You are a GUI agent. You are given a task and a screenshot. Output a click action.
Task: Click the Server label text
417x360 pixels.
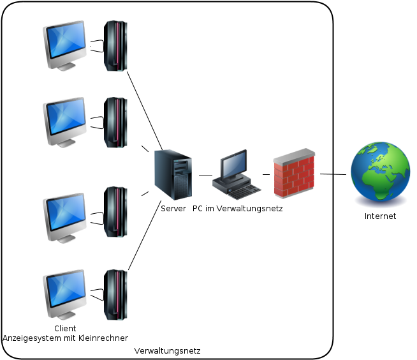coord(173,209)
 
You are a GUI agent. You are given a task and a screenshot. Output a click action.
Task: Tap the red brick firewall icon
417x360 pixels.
coord(294,173)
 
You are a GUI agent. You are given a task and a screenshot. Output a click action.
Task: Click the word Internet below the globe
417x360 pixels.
coord(380,216)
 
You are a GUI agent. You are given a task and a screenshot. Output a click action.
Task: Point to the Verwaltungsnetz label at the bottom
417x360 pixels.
coord(168,351)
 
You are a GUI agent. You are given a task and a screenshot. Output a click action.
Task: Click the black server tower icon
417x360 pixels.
coord(173,174)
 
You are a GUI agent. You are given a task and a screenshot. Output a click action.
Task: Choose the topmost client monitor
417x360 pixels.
coord(64,45)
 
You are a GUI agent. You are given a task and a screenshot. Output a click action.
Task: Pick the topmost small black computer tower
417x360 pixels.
coord(115,46)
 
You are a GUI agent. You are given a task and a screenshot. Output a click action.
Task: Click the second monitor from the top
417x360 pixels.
coord(64,121)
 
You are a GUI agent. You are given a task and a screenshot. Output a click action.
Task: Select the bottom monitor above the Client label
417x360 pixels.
coord(64,296)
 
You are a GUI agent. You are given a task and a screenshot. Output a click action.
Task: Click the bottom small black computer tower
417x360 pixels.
coord(115,294)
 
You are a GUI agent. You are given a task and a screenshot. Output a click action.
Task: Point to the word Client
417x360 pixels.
coord(65,328)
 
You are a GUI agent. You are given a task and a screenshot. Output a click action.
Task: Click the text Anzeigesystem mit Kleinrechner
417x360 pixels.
coord(65,338)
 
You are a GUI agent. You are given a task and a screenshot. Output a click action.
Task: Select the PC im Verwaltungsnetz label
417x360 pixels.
coord(237,209)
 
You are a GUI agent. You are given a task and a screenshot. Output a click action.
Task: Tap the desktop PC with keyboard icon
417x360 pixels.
coord(237,175)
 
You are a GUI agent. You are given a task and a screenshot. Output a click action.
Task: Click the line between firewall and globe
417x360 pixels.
coord(332,174)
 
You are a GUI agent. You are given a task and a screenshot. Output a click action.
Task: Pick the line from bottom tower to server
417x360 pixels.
coord(143,236)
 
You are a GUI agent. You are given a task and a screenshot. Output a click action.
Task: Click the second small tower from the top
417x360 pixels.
coord(115,123)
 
